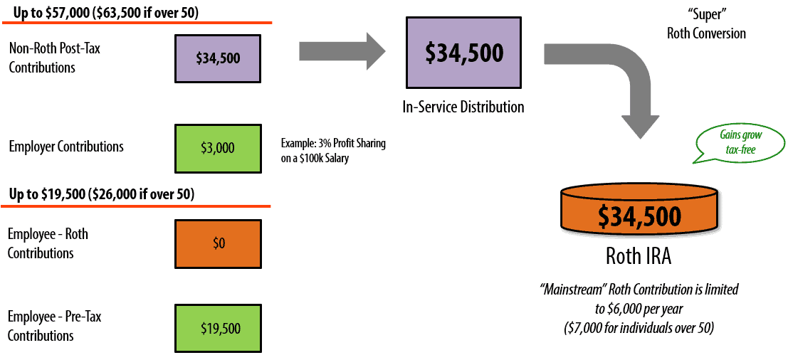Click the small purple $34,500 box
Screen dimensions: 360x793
[218, 58]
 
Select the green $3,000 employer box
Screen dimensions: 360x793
[218, 148]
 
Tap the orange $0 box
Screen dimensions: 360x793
[218, 243]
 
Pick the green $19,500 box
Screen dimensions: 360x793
[218, 329]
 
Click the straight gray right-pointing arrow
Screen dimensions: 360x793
[341, 51]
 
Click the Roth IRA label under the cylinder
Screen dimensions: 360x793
[638, 255]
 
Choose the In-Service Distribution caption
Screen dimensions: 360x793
[463, 107]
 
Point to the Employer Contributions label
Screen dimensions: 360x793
[66, 147]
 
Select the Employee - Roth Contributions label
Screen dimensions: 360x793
[48, 243]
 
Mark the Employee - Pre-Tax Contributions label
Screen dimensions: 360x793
[54, 326]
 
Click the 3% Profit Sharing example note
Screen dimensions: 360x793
[333, 151]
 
